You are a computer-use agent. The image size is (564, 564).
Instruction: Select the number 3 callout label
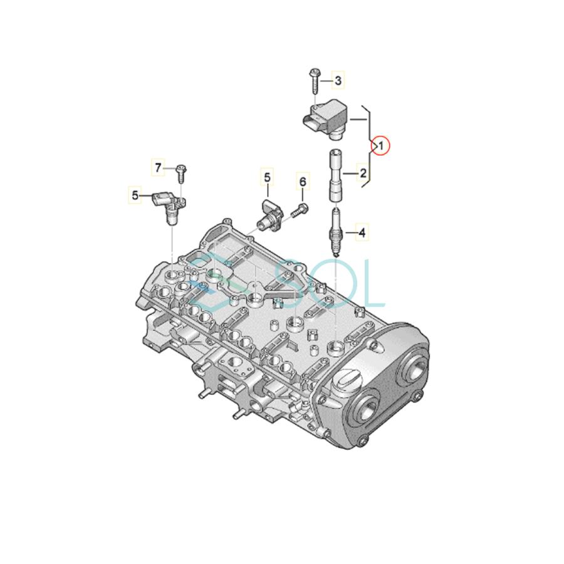click(x=338, y=80)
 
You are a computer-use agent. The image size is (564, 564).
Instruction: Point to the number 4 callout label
click(x=362, y=233)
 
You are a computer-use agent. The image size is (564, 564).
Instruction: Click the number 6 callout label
click(x=303, y=182)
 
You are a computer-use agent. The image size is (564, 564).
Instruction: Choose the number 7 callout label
click(x=159, y=167)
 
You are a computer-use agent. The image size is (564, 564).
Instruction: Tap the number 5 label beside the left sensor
click(x=135, y=196)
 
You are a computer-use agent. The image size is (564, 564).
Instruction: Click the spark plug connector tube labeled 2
click(x=335, y=176)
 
